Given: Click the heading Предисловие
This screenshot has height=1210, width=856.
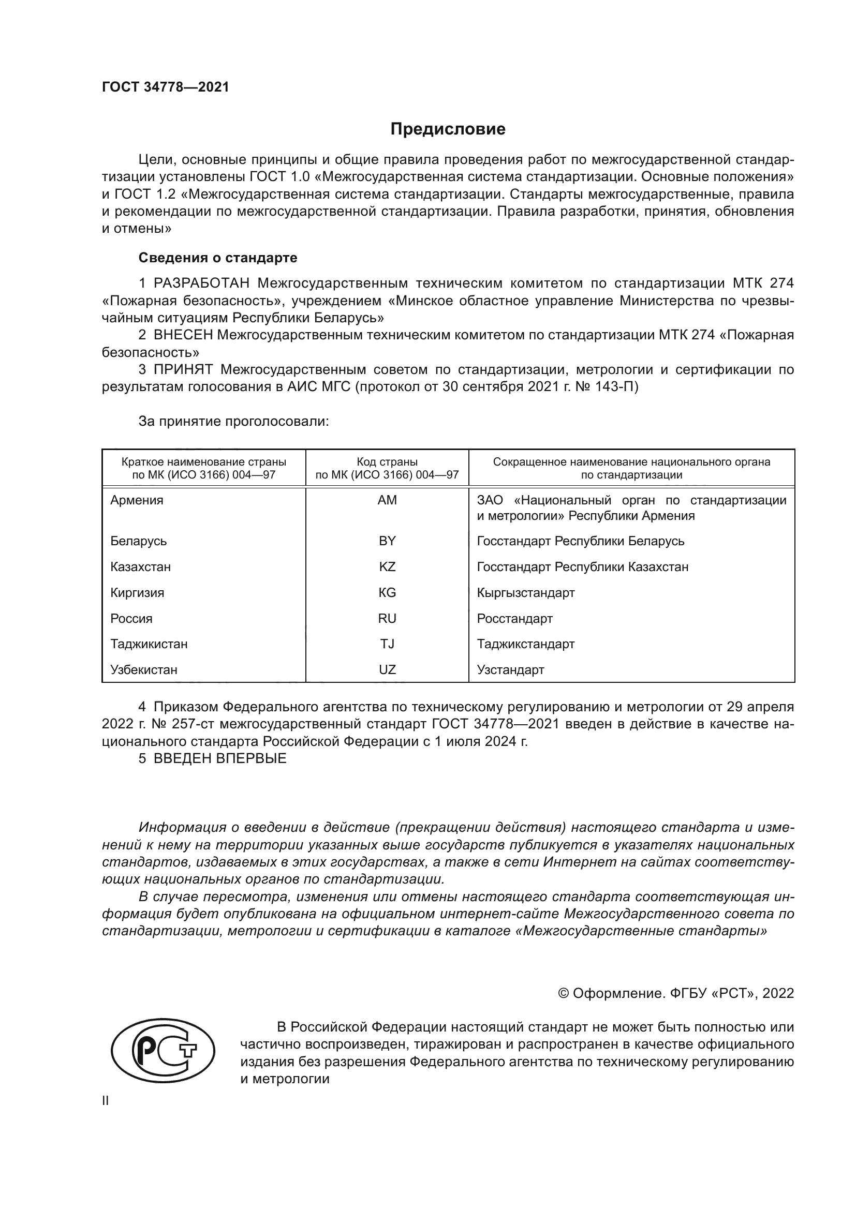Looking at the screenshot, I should (448, 129).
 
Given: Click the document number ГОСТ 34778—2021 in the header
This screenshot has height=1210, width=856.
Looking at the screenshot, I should (166, 87).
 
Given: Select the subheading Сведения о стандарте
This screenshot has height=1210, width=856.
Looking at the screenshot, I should (218, 258).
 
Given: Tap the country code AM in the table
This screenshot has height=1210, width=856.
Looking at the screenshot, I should (387, 500).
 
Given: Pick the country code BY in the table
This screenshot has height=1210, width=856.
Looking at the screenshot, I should (387, 541).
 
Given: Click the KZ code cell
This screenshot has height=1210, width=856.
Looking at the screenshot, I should (387, 567).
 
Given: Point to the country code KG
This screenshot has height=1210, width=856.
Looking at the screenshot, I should (387, 593).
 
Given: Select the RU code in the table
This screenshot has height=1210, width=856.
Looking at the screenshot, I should (387, 619).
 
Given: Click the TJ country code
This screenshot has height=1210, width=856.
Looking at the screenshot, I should (387, 644).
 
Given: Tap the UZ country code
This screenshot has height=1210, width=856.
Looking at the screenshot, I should (387, 670).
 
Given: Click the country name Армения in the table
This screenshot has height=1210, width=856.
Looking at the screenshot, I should (137, 500).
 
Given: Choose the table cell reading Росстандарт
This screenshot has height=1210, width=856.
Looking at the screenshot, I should (514, 619).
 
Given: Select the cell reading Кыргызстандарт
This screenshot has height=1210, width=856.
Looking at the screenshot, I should (525, 593).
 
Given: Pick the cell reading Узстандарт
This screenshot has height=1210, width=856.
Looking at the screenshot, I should (510, 670).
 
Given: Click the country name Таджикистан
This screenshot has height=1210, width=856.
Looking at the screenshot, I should (149, 644).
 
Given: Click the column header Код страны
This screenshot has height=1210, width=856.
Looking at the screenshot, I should (387, 462).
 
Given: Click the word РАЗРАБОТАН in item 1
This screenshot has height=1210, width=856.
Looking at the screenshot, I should (201, 283).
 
